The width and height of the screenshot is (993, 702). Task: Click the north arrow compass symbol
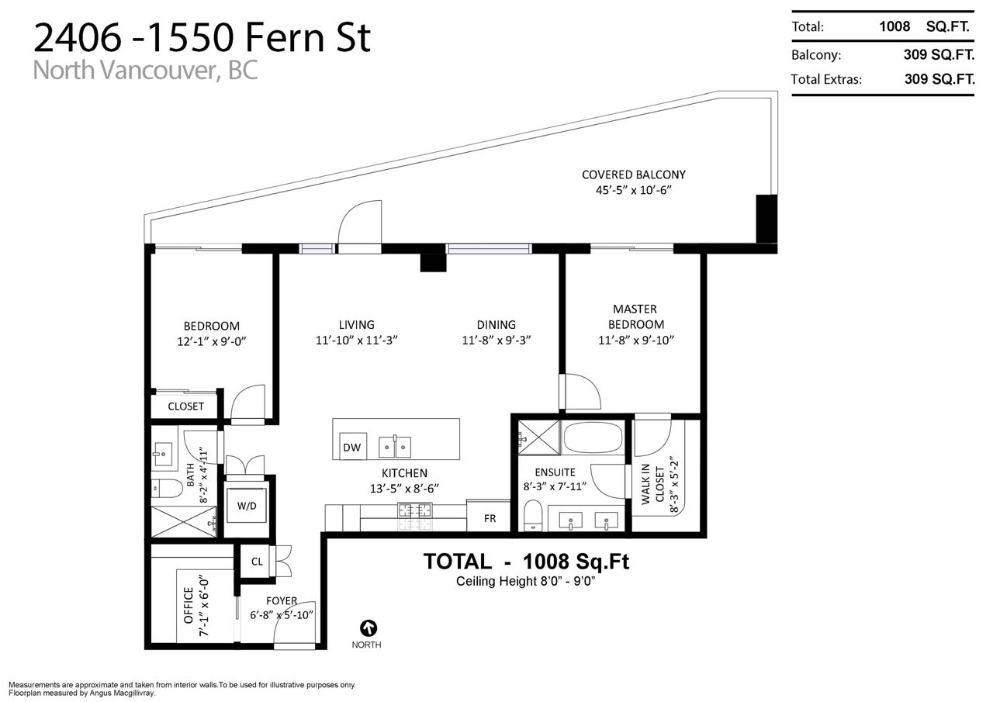pyautogui.click(x=368, y=628)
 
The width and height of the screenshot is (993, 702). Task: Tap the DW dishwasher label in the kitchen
pyautogui.click(x=352, y=448)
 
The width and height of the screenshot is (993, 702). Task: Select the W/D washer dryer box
pyautogui.click(x=247, y=506)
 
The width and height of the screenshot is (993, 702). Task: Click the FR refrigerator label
pyautogui.click(x=490, y=518)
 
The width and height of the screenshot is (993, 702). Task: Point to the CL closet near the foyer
pyautogui.click(x=257, y=562)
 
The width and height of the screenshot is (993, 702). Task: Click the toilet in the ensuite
pyautogui.click(x=532, y=516)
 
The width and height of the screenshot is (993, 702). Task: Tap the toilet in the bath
pyautogui.click(x=167, y=489)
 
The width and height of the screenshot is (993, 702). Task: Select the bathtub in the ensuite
pyautogui.click(x=593, y=437)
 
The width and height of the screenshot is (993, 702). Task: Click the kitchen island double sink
pyautogui.click(x=395, y=447)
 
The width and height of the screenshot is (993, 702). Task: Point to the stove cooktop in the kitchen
pyautogui.click(x=415, y=510)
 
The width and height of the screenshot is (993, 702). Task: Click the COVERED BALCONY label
pyautogui.click(x=634, y=175)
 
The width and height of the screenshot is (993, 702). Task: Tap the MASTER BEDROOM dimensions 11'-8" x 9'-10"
pyautogui.click(x=636, y=341)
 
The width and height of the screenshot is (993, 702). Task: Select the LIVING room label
pyautogui.click(x=356, y=325)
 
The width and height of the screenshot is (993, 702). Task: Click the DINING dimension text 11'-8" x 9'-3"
pyautogui.click(x=496, y=341)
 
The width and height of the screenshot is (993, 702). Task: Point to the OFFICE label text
pyautogui.click(x=189, y=605)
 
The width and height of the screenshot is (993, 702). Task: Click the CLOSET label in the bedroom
pyautogui.click(x=185, y=406)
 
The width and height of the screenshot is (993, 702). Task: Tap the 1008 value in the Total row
pyautogui.click(x=894, y=26)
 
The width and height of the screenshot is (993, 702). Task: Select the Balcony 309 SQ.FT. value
pyautogui.click(x=939, y=54)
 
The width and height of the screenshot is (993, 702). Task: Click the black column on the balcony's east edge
pyautogui.click(x=766, y=219)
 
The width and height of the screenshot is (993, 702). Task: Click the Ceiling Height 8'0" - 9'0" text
pyautogui.click(x=525, y=581)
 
